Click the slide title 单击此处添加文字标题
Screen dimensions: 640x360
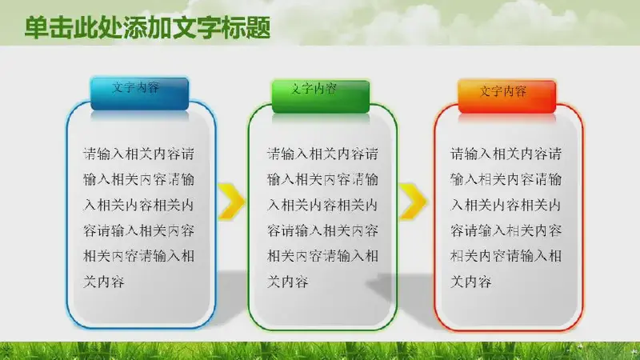[x=147, y=28]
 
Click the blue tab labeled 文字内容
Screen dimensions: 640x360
[x=139, y=94]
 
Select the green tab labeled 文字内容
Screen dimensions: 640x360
[x=321, y=96]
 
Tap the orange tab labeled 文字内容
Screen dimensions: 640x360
[x=507, y=97]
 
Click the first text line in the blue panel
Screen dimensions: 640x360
[x=138, y=154]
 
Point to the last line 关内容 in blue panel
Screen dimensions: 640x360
[x=104, y=282]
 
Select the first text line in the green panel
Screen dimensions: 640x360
[x=322, y=154]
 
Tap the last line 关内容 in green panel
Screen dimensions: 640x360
[x=287, y=282]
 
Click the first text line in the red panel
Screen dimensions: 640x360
[x=506, y=154]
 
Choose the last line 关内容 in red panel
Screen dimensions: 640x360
[x=471, y=282]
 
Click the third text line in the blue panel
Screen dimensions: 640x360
[x=138, y=205]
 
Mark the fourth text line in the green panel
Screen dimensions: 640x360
[x=322, y=230]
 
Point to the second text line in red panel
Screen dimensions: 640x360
[x=506, y=179]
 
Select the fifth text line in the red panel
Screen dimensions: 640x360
[x=506, y=256]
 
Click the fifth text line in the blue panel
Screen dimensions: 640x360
[x=138, y=256]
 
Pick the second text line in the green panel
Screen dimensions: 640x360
[x=322, y=179]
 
